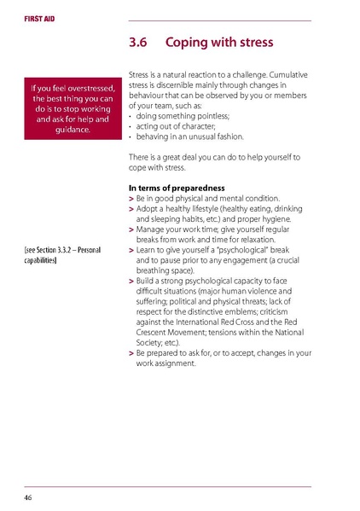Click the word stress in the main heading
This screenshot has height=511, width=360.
tap(253, 42)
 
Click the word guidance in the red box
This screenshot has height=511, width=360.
tap(73, 130)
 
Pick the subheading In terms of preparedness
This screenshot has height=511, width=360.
tap(176, 187)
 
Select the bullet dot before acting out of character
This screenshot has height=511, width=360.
tap(130, 126)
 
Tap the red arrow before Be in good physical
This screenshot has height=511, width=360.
tap(131, 198)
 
